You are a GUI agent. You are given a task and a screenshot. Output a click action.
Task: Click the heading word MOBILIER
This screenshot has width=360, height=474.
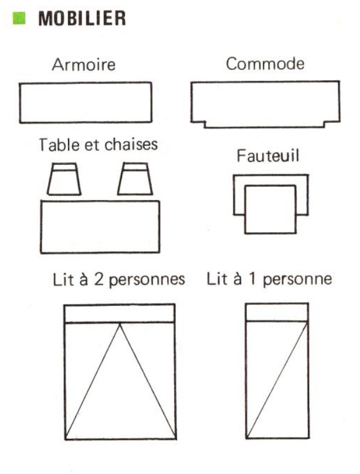pos(82,19)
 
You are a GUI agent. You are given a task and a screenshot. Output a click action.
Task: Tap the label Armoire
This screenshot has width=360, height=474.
pos(84,65)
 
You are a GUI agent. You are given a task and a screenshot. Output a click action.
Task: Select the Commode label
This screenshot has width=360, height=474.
pos(266,64)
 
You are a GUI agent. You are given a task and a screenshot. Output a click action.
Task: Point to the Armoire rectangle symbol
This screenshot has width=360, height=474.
pos(86,102)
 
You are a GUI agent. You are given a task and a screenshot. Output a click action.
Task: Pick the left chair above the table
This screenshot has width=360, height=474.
pos(64,179)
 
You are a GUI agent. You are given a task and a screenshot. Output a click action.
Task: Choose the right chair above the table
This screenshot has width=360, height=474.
pos(135,179)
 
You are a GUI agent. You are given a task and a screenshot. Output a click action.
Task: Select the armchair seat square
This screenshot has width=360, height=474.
pos(270,209)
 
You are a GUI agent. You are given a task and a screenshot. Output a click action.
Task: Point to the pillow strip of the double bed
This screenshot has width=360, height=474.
pos(120,314)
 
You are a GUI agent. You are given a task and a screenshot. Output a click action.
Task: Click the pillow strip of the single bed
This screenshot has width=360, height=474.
pos(277,312)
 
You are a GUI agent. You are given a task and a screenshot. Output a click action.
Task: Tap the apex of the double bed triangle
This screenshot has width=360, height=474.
pos(120,324)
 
